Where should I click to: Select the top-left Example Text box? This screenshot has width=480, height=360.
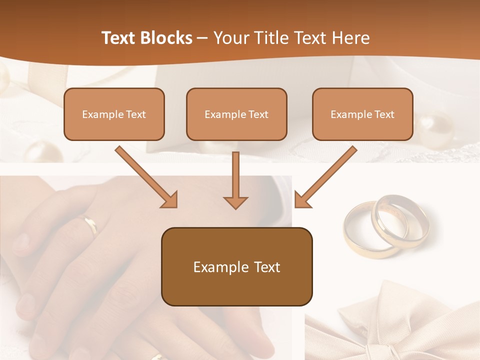pos(114,114)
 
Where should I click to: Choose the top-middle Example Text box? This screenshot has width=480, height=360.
pos(236,114)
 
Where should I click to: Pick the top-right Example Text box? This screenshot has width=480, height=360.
pos(362,114)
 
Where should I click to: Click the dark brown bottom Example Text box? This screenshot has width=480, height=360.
pos(236,266)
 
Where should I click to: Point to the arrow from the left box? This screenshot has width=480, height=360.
pos(147,177)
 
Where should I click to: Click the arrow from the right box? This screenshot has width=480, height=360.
pos(325,177)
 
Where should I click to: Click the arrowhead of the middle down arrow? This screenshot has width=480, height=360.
pos(235,202)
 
